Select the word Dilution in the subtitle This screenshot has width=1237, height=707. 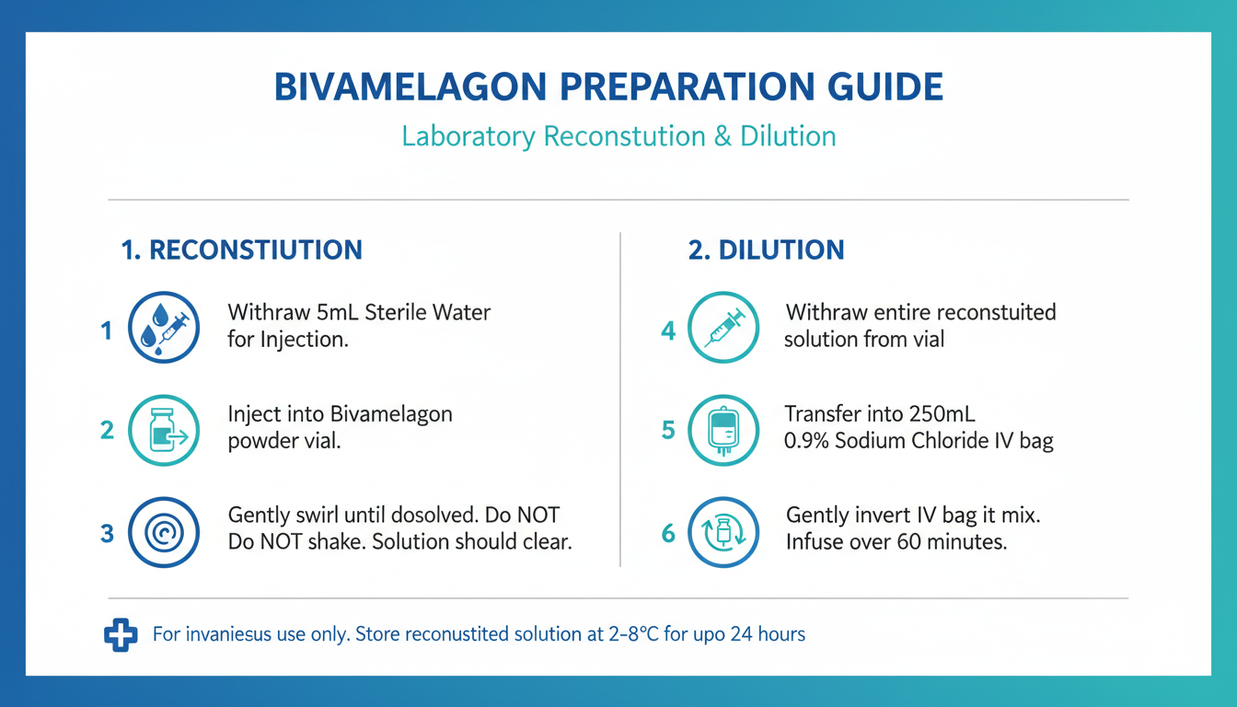788,136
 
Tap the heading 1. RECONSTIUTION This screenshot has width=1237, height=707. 242,249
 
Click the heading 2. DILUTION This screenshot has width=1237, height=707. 767,249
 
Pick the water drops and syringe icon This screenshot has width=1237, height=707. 164,327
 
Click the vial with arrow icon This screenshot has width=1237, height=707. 164,430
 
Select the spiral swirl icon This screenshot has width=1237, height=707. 164,532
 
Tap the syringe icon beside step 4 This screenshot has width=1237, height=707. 723,327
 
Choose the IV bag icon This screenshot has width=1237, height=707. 723,430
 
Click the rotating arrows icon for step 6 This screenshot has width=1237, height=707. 723,532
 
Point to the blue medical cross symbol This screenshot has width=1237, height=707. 121,634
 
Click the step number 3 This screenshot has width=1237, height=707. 107,534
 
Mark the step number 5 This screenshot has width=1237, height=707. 668,430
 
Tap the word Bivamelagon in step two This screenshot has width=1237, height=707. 391,415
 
